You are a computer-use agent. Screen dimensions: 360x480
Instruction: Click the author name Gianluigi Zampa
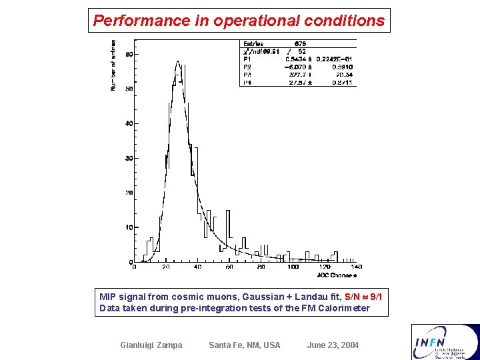click(151, 345)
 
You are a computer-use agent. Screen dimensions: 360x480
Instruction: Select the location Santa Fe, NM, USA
click(245, 345)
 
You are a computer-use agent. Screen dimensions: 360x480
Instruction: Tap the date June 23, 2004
click(333, 345)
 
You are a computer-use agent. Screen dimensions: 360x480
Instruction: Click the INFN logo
click(445, 341)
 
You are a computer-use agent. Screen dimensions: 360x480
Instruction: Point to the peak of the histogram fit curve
click(178, 62)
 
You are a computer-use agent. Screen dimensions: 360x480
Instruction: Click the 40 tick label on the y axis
click(128, 123)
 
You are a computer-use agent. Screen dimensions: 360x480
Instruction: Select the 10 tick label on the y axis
click(128, 227)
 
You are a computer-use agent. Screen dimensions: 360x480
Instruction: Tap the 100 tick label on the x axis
click(293, 267)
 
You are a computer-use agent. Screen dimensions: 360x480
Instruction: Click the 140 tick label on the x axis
click(355, 267)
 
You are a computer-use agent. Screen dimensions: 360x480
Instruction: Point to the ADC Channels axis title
click(337, 275)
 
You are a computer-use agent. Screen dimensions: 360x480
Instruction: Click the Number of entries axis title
click(113, 65)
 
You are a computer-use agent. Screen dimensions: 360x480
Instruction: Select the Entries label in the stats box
click(253, 44)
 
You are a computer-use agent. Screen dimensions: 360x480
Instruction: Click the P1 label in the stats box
click(248, 59)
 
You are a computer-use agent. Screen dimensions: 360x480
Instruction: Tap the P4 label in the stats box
click(248, 82)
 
